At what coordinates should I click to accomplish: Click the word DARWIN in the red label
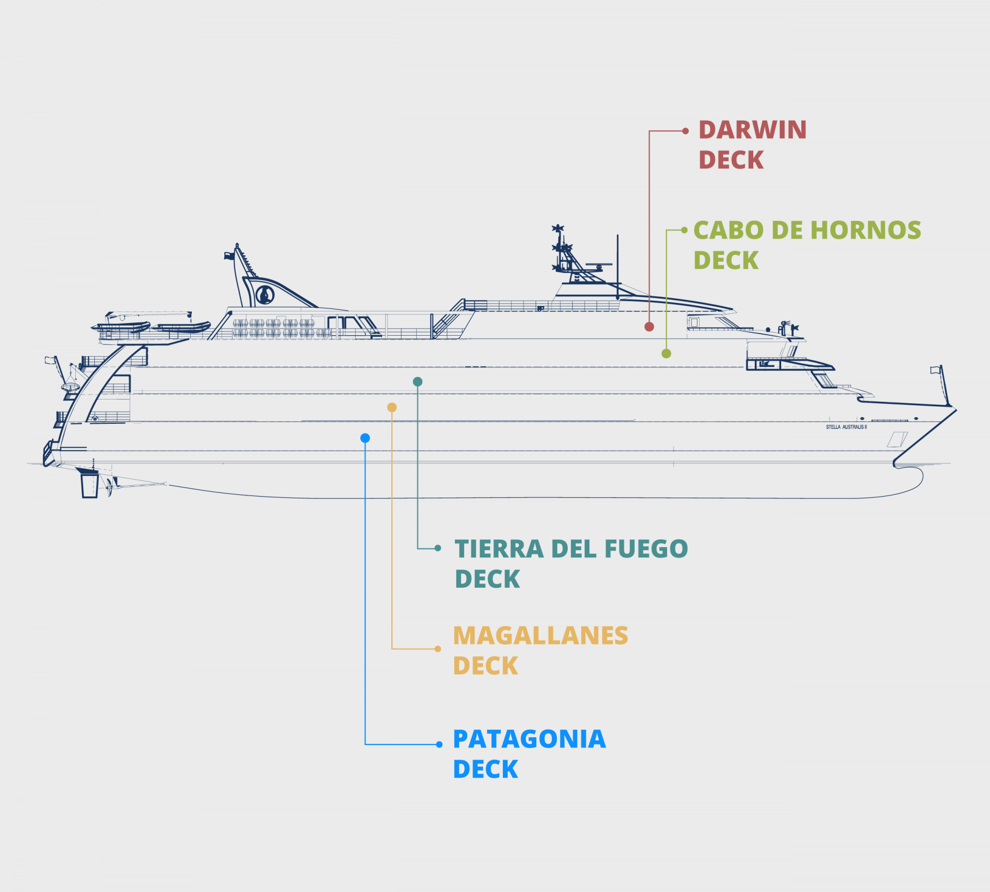click(752, 130)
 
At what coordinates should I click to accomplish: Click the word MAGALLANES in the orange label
click(540, 636)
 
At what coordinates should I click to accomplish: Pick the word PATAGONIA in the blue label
click(529, 739)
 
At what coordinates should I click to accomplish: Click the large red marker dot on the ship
click(649, 326)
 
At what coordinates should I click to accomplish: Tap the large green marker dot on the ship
click(666, 353)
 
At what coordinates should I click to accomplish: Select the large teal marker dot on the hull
click(418, 382)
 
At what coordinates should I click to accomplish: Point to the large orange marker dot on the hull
click(392, 407)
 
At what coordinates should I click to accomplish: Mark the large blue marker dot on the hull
click(365, 438)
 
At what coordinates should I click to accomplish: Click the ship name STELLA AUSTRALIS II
click(846, 427)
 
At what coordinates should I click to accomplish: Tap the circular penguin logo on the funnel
click(265, 295)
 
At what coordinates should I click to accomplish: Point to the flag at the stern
click(50, 360)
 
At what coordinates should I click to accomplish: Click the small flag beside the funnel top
click(228, 255)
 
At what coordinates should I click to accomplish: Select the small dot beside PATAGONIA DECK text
click(439, 744)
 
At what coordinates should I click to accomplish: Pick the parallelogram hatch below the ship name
click(897, 439)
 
